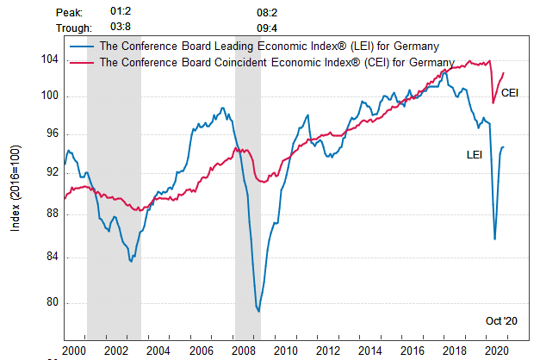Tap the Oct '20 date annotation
pyautogui.click(x=500, y=320)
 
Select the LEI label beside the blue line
pyautogui.click(x=475, y=154)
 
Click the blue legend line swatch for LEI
pyautogui.click(x=84, y=46)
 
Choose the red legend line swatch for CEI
pyautogui.click(x=84, y=62)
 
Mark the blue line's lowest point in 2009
pyautogui.click(x=258, y=311)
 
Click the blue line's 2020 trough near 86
pyautogui.click(x=494, y=239)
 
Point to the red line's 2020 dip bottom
pyautogui.click(x=493, y=103)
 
